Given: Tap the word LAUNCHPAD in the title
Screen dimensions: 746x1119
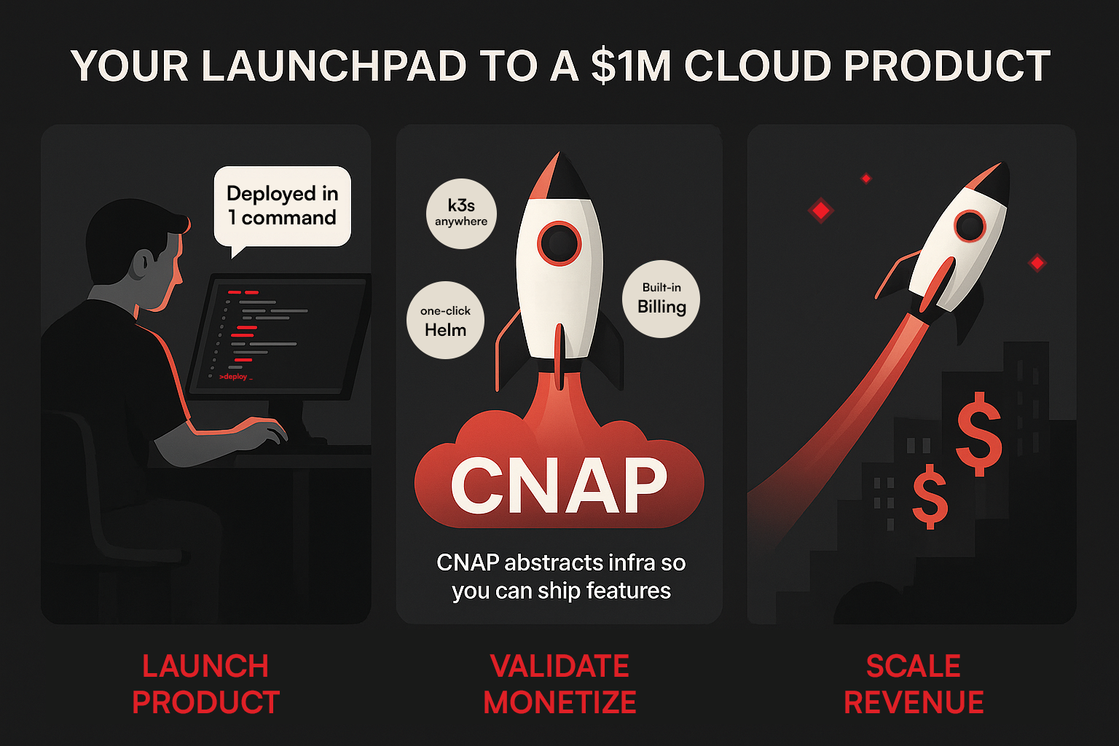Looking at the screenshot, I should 334,67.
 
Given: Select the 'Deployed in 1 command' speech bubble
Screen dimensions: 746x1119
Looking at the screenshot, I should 282,206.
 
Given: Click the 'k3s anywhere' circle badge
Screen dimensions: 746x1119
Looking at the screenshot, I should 461,213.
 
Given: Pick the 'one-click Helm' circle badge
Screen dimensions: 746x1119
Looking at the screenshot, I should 445,321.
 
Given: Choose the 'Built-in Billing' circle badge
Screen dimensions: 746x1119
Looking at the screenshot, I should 661,299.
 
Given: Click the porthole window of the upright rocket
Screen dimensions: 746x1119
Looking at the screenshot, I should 559,243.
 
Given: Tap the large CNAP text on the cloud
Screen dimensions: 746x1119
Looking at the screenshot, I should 559,485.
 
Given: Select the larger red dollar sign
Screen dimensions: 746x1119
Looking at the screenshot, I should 979,433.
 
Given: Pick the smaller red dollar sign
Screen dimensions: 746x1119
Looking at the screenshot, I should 930,497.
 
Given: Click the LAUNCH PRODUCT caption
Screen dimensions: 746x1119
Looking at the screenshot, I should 205,684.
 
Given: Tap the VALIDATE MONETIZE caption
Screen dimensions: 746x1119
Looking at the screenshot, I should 559,684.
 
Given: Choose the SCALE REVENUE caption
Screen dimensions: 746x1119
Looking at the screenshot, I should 914,684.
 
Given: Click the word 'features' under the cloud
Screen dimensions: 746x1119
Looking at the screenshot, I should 629,590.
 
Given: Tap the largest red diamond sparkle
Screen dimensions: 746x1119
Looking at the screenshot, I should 821,211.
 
